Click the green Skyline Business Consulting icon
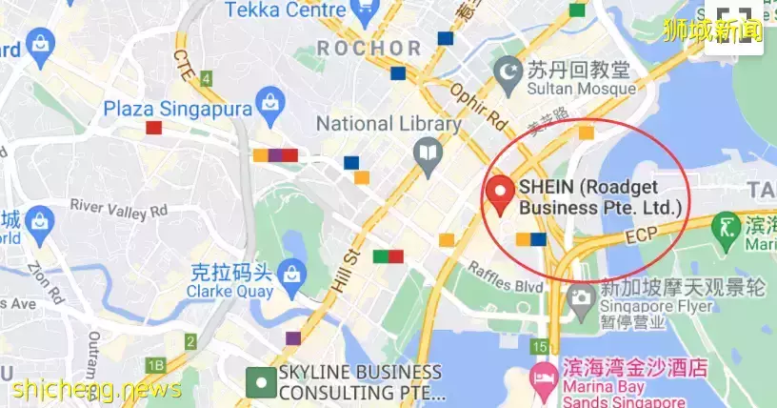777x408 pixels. pyautogui.click(x=257, y=383)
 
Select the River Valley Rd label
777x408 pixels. pyautogui.click(x=118, y=208)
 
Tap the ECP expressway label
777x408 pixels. pyautogui.click(x=643, y=235)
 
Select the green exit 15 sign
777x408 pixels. pyautogui.click(x=541, y=347)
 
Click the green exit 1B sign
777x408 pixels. pyautogui.click(x=155, y=365)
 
